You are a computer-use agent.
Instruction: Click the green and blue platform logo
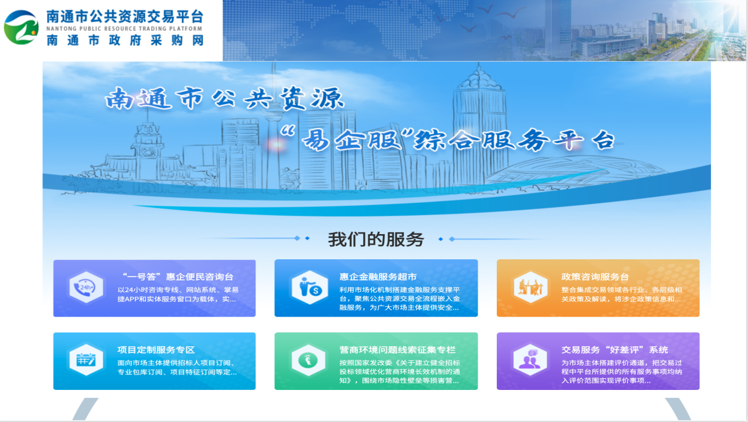point(21,27)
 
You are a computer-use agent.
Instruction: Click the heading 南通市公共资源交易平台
point(124,17)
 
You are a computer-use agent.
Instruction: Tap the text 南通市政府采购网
point(125,41)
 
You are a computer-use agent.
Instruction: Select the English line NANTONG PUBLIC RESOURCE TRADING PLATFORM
point(124,29)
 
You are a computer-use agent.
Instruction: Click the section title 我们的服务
point(376,239)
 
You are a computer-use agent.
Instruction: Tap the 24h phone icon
point(86,287)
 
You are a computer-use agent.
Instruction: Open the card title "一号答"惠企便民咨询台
point(178,277)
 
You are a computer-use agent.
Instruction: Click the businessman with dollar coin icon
point(310,287)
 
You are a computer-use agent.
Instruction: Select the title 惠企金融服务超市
point(378,277)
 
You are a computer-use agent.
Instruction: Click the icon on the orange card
point(531,287)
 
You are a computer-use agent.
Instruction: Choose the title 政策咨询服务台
point(595,277)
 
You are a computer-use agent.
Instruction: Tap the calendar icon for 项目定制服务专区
point(86,360)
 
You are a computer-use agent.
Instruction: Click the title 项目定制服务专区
point(156,350)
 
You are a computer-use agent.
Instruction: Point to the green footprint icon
point(308,360)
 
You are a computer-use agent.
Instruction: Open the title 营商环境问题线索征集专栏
point(397,350)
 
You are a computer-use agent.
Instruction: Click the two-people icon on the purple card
point(530,360)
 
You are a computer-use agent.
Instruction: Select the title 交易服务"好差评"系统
point(614,350)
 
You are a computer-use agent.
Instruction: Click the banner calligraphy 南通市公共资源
point(224,99)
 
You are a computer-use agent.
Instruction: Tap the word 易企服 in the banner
point(352,139)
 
